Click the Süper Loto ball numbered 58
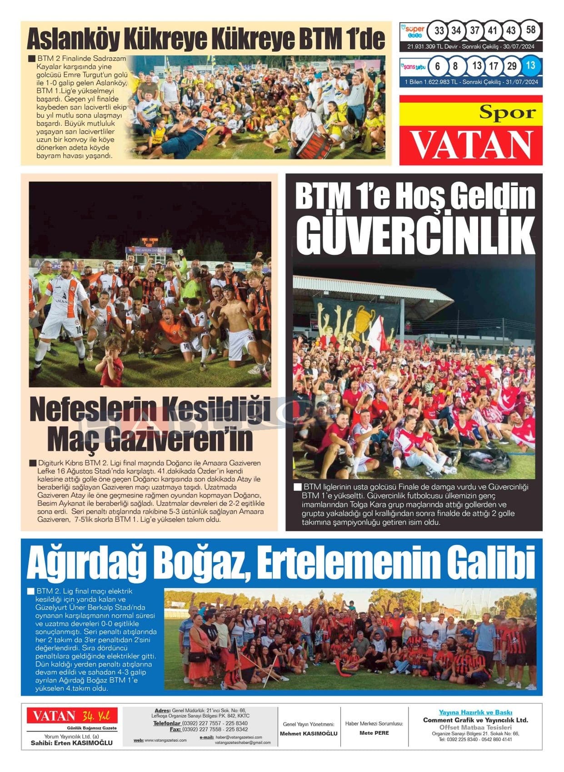click(x=530, y=31)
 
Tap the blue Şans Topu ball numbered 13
click(x=530, y=65)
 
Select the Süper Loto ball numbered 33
click(x=439, y=31)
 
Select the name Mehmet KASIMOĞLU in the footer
click(x=309, y=733)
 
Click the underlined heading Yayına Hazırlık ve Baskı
click(x=475, y=712)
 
